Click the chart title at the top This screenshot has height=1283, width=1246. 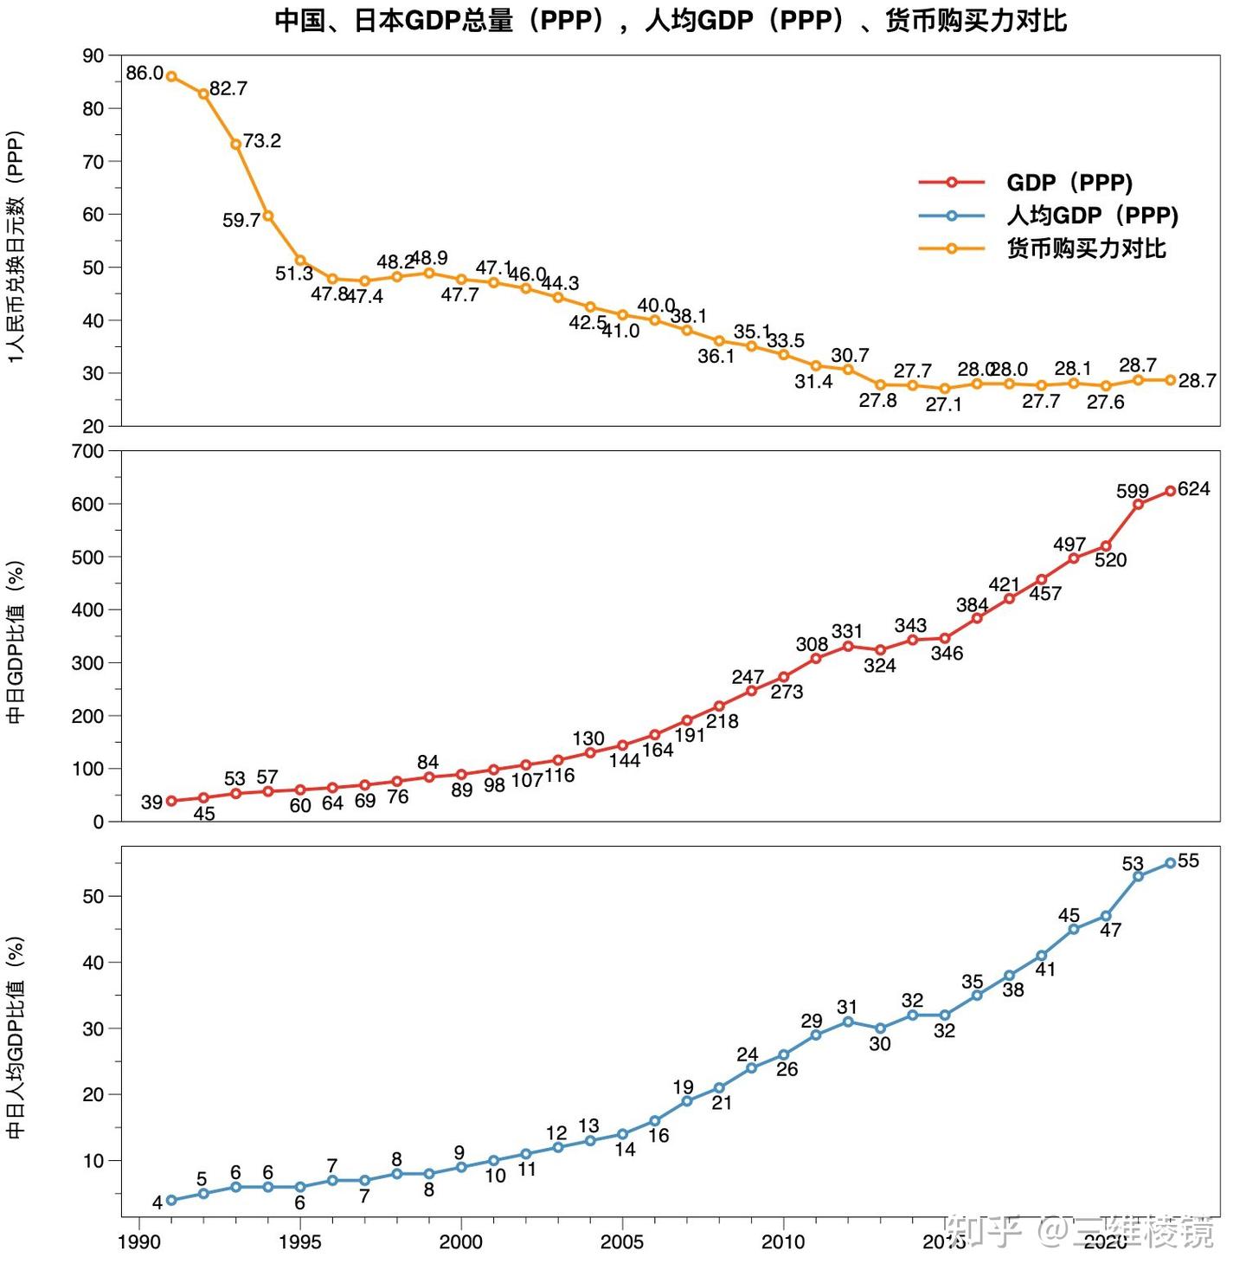coord(671,21)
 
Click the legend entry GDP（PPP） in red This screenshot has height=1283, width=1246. coord(1069,183)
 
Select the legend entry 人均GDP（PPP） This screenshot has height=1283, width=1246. coord(1091,216)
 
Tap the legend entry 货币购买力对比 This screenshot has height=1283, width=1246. coord(1085,248)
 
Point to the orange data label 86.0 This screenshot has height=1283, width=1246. coord(144,74)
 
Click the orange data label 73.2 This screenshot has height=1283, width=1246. coord(261,141)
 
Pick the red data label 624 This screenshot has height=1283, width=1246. coord(1193,489)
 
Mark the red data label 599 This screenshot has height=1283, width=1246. coord(1132,492)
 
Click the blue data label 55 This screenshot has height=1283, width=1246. coord(1188,861)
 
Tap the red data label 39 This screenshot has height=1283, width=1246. coord(151,803)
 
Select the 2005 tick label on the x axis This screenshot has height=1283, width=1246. coord(621,1242)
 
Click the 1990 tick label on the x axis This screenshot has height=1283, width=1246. coord(139,1242)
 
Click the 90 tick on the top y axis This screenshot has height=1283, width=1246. coord(93,55)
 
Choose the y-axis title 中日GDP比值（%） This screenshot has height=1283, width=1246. coord(16,641)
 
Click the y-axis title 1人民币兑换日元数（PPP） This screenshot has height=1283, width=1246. coord(16,247)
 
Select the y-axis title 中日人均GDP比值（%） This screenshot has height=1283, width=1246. coord(16,1037)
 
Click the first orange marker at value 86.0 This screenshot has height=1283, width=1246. coord(171,76)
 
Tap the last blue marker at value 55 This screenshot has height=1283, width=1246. coord(1170,863)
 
